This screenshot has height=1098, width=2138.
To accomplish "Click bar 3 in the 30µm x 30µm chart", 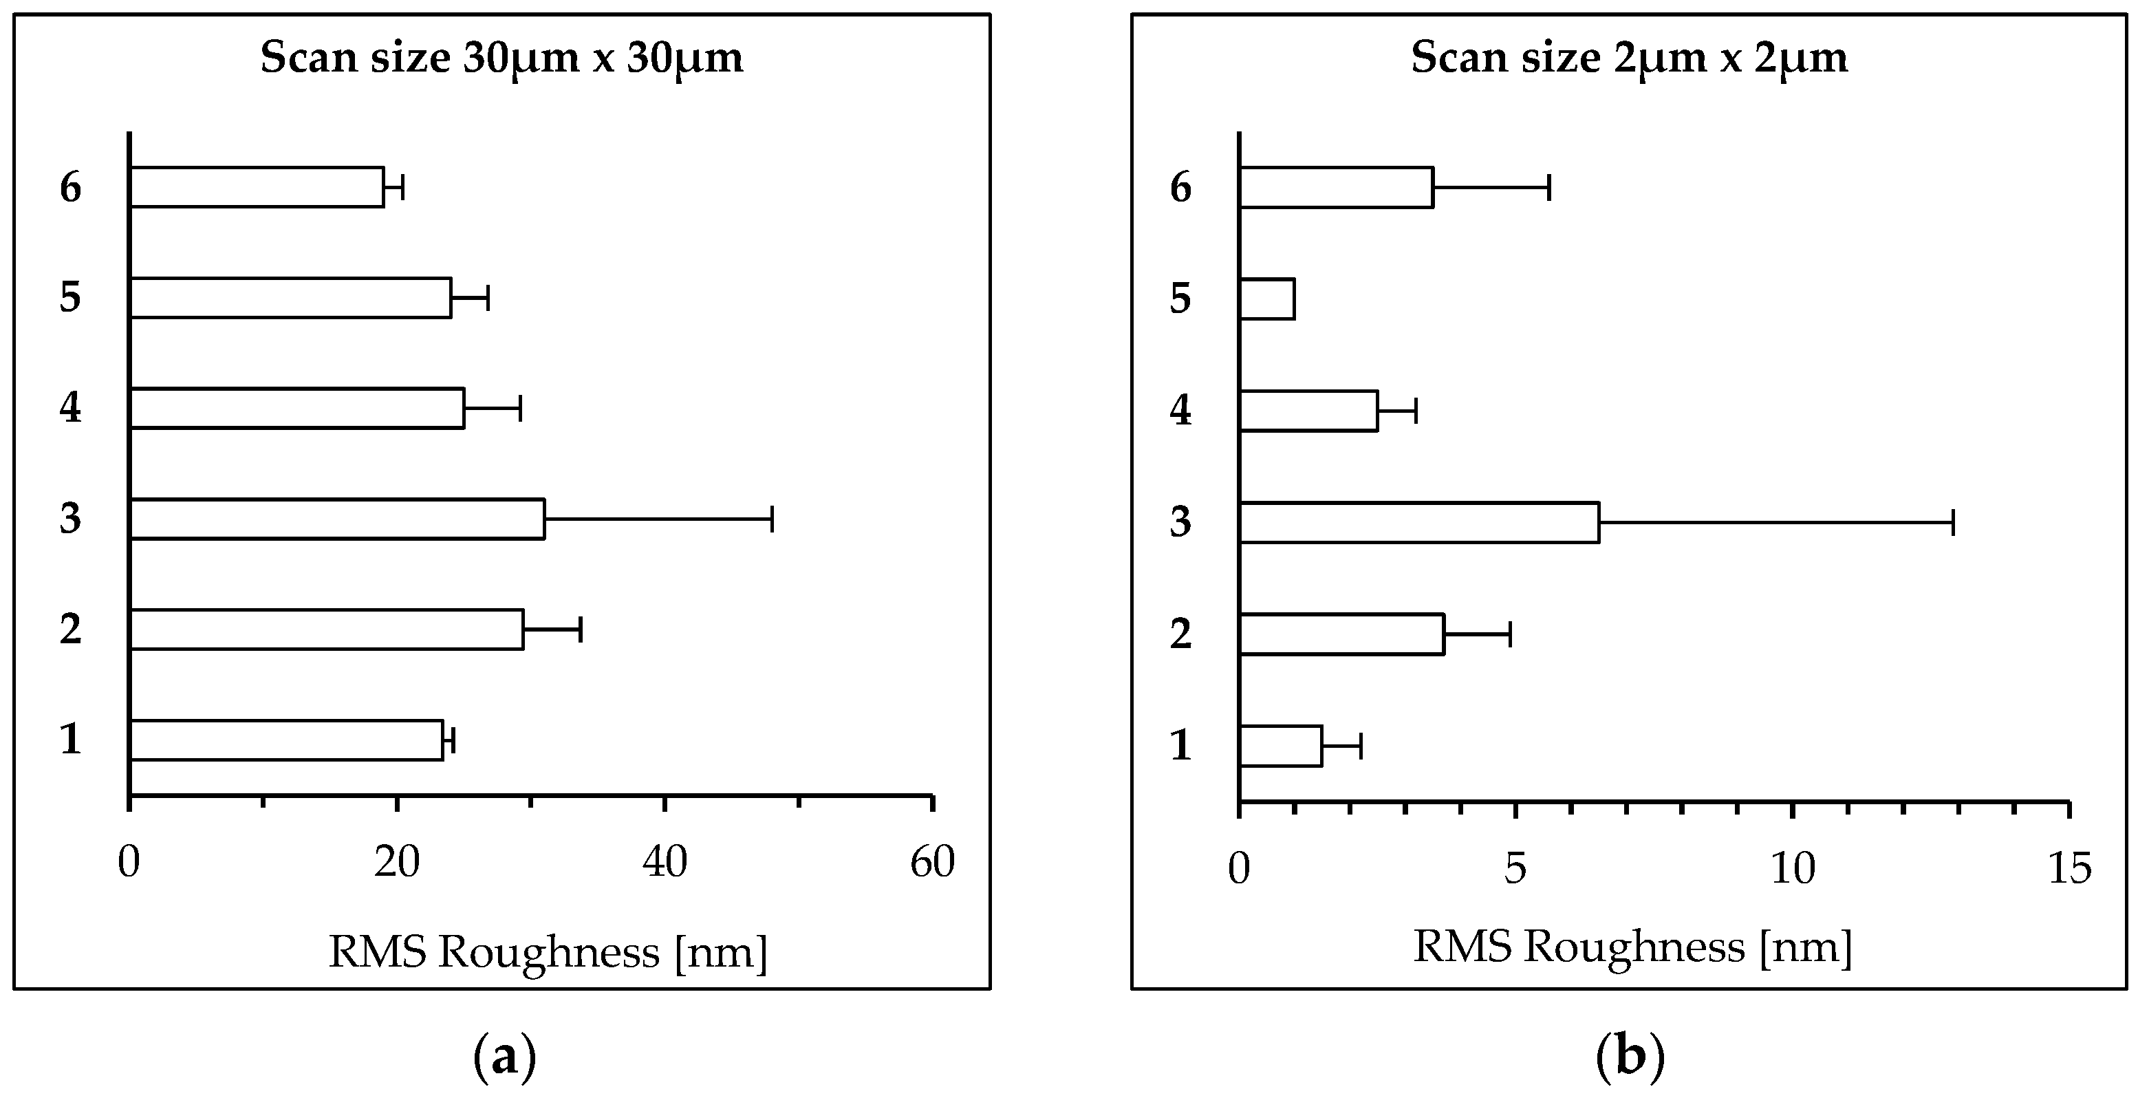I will (337, 519).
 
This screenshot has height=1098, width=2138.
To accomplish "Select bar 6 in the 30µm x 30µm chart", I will (257, 186).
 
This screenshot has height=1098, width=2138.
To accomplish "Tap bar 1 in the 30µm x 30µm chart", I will (286, 740).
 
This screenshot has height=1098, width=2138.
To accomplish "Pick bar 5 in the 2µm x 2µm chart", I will (1266, 299).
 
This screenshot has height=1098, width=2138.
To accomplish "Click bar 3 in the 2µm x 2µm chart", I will (1419, 522).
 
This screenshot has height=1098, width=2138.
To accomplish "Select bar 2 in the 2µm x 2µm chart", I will (1342, 634).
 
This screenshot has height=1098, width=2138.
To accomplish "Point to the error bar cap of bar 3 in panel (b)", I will (1953, 522).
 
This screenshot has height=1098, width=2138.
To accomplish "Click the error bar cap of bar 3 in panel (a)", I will (772, 519).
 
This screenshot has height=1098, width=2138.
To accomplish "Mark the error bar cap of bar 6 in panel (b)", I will (1548, 188).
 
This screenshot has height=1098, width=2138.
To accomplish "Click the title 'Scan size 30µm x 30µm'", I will (501, 58).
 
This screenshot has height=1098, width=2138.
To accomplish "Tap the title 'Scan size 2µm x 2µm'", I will (1629, 58).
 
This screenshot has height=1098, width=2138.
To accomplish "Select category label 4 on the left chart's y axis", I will (71, 407).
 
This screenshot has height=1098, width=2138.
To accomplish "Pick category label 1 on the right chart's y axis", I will (1180, 744).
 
